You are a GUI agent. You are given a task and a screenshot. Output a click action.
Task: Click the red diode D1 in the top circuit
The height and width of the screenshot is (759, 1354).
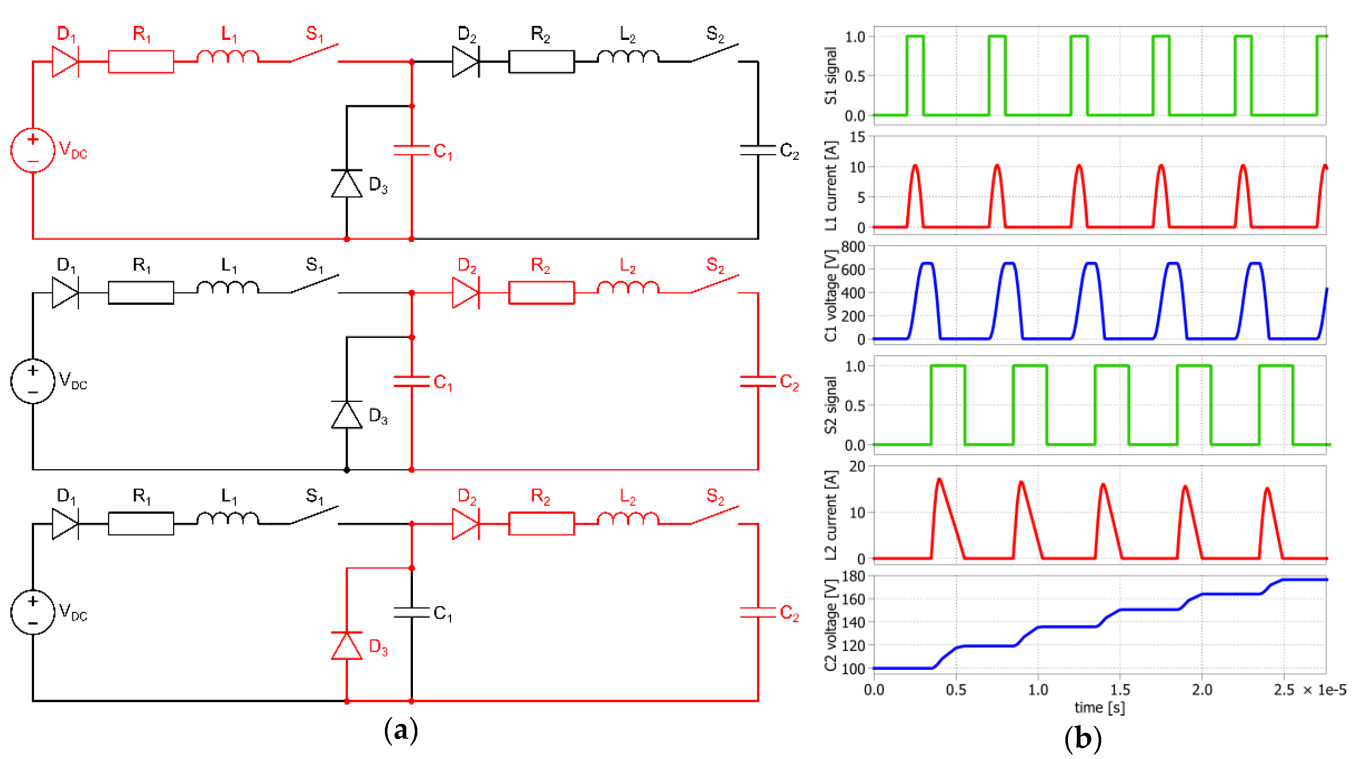pyautogui.click(x=65, y=61)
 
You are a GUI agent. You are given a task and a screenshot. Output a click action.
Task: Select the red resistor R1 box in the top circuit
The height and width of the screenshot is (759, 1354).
pyautogui.click(x=141, y=61)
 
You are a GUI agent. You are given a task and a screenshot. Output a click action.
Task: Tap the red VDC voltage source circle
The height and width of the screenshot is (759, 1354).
pyautogui.click(x=33, y=150)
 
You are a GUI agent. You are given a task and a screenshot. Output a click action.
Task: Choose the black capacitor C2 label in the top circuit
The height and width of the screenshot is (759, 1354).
pyautogui.click(x=789, y=151)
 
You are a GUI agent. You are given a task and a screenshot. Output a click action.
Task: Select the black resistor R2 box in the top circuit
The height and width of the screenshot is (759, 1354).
pyautogui.click(x=541, y=61)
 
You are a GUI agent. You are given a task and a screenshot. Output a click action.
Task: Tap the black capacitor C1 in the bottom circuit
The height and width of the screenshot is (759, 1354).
pyautogui.click(x=411, y=612)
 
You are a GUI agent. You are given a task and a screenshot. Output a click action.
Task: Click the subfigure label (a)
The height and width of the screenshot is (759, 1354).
pyautogui.click(x=401, y=731)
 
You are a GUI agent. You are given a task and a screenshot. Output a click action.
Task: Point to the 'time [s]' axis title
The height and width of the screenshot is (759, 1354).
pyautogui.click(x=1100, y=708)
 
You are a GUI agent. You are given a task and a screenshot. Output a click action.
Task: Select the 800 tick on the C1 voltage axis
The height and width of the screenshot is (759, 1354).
pyautogui.click(x=853, y=246)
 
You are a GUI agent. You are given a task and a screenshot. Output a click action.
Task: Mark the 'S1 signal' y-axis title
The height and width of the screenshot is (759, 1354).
pyautogui.click(x=830, y=76)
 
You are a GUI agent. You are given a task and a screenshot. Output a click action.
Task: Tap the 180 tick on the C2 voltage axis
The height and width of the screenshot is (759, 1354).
pyautogui.click(x=853, y=576)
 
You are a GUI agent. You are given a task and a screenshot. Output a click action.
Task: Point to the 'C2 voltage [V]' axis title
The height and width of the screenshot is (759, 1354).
pyautogui.click(x=830, y=625)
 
